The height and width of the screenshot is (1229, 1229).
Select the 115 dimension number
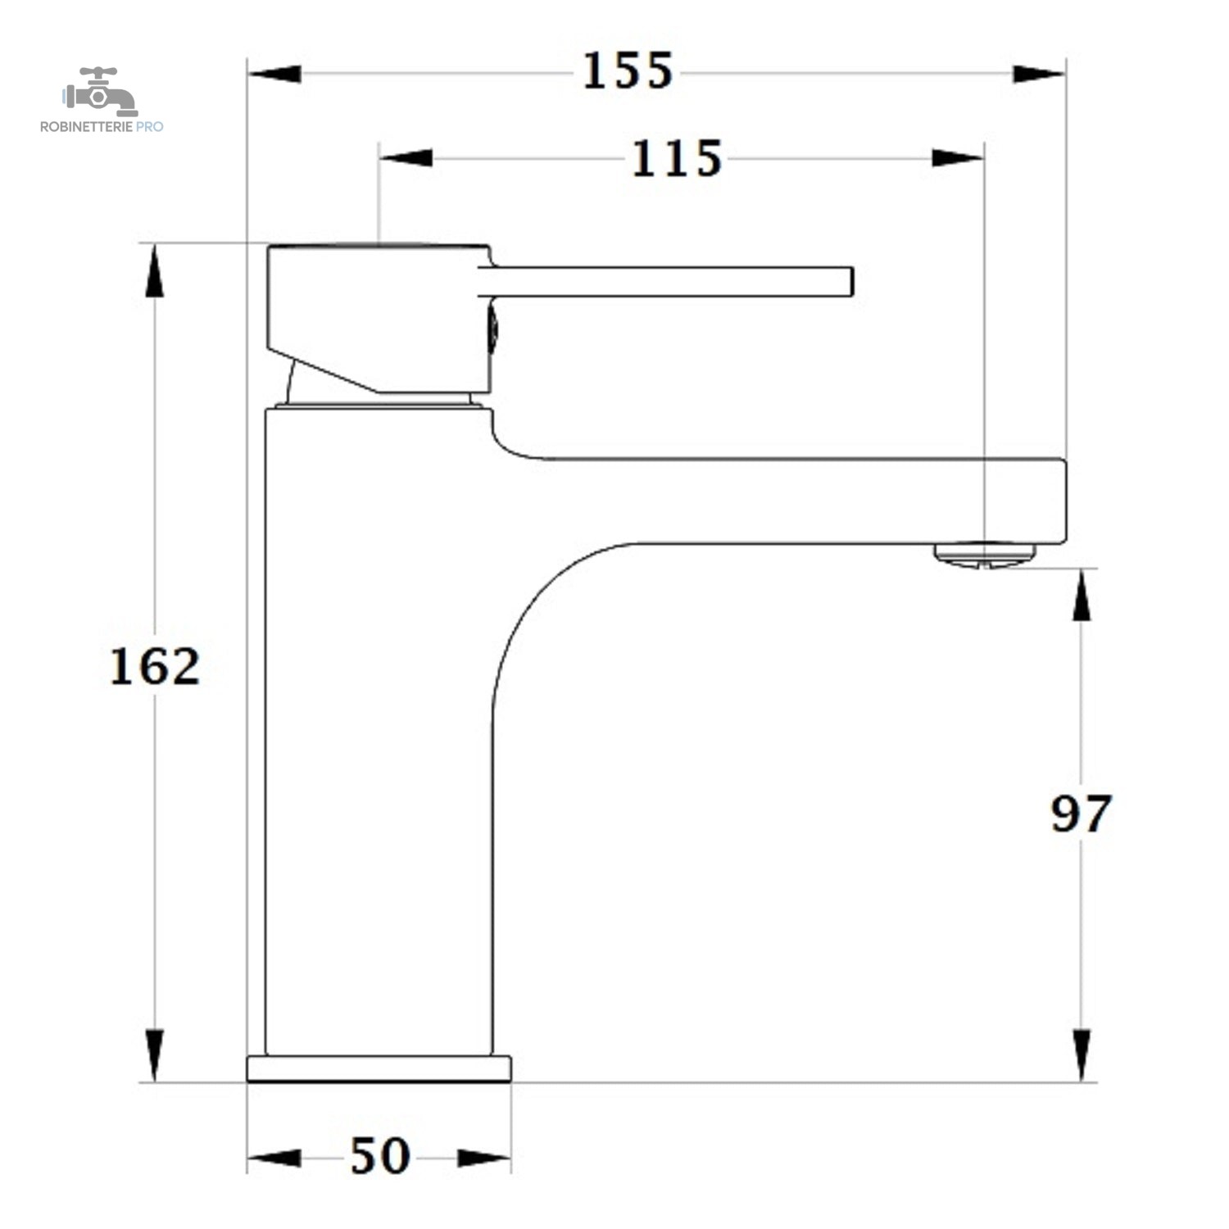(677, 158)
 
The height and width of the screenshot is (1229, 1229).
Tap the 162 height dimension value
(155, 666)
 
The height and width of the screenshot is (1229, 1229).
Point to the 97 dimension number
(1081, 814)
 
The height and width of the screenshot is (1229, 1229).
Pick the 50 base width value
(380, 1156)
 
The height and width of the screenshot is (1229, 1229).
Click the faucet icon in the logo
(100, 91)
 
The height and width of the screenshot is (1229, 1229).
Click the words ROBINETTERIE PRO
(102, 126)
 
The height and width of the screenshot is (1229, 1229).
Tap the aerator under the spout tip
(985, 554)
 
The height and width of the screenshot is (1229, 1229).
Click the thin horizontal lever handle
(666, 281)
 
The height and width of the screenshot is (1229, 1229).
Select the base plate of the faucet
(379, 1068)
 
